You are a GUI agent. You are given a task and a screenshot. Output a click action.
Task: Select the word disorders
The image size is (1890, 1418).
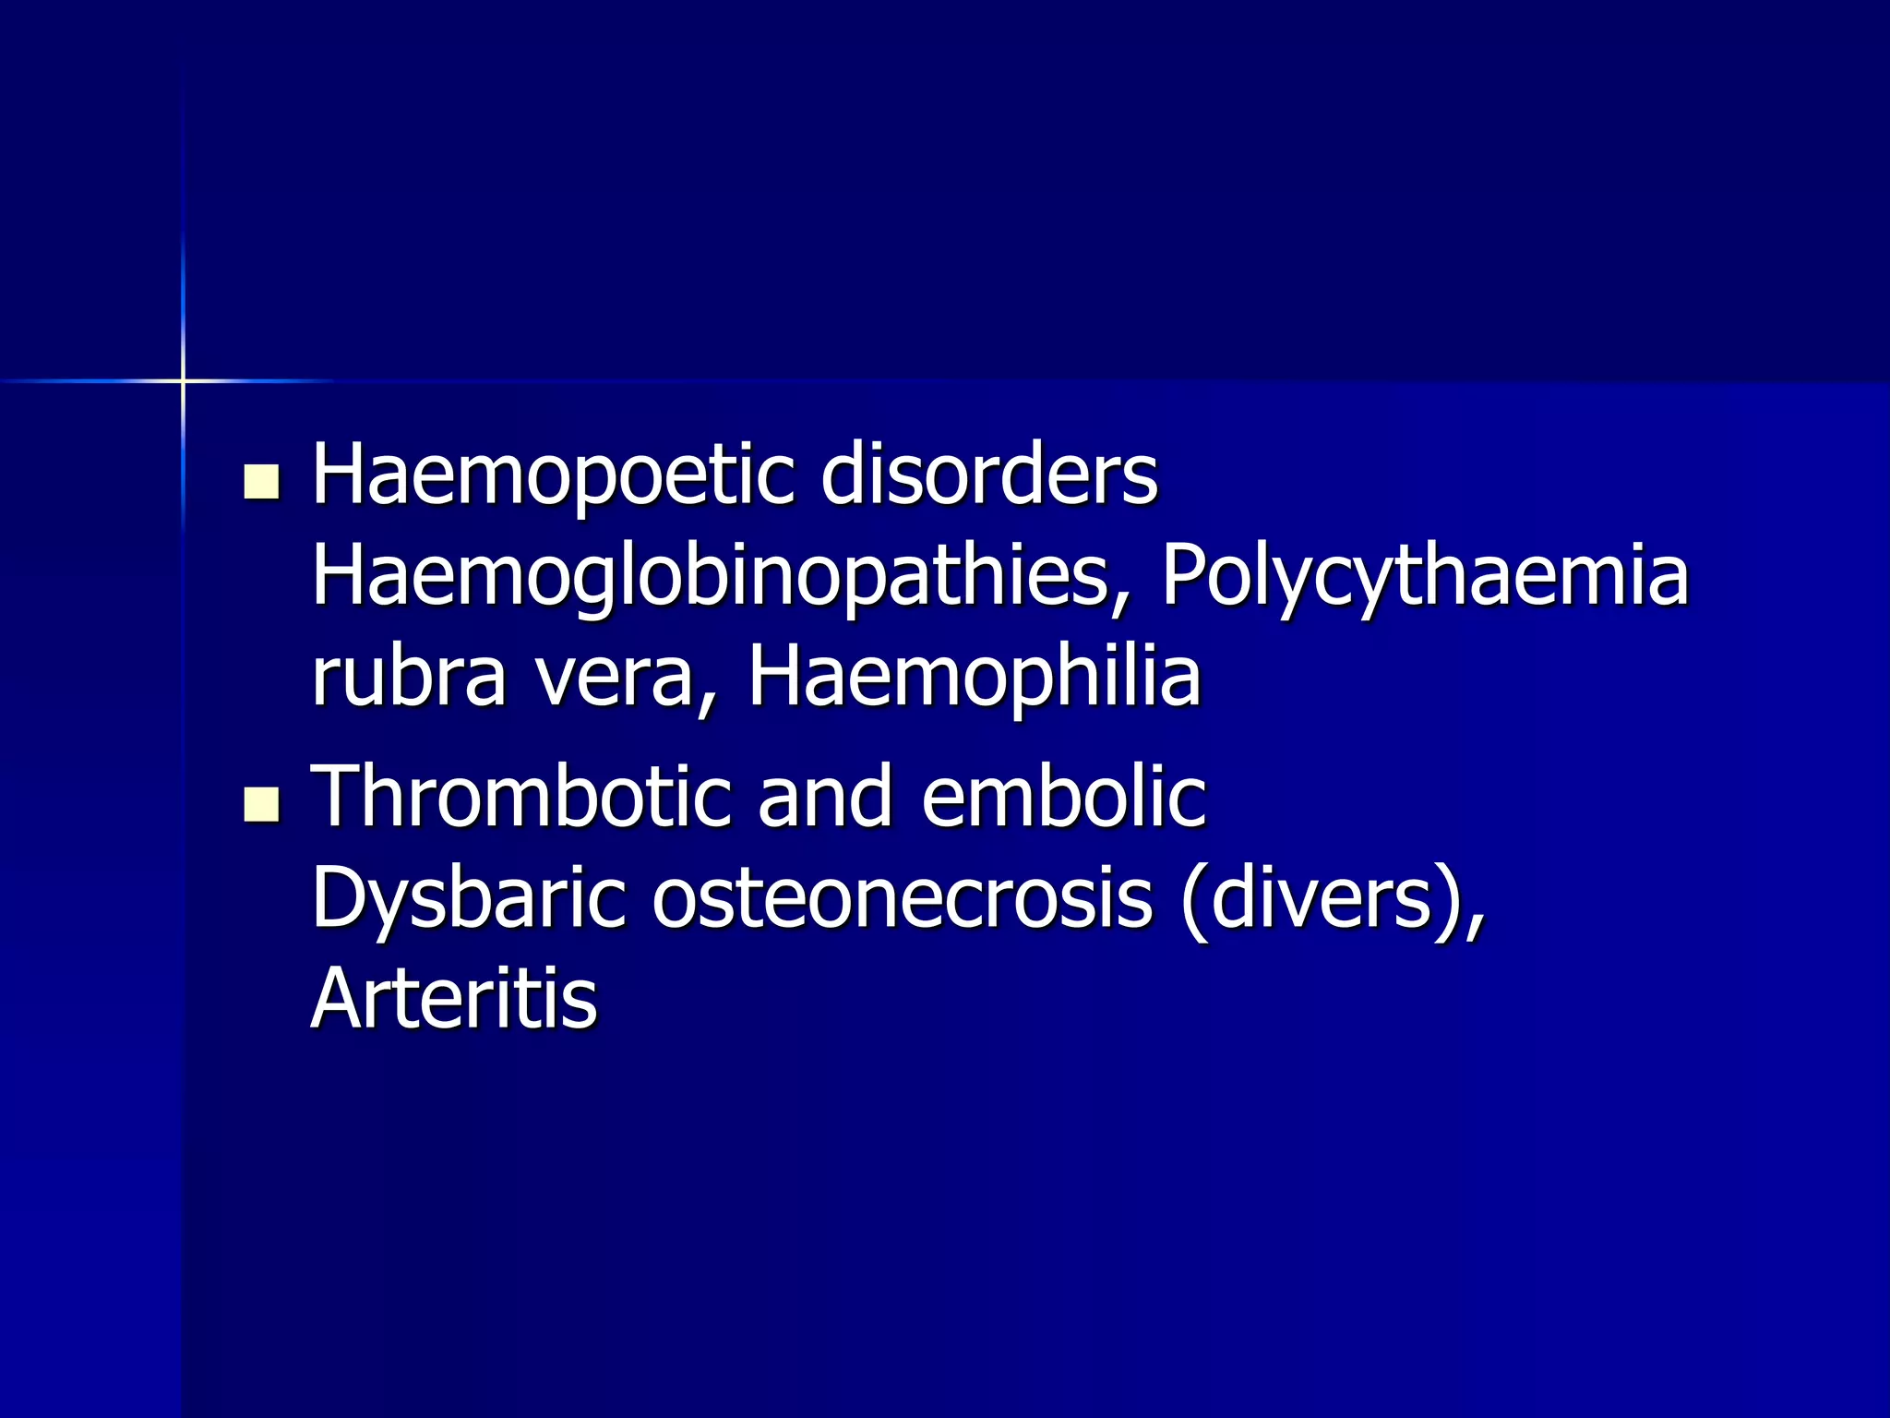tap(988, 475)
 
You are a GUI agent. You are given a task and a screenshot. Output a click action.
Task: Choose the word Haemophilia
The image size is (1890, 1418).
tap(974, 677)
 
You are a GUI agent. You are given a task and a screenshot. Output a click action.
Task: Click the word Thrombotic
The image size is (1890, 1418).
tap(521, 796)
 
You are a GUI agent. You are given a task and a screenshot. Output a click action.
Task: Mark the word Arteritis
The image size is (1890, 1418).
tap(454, 999)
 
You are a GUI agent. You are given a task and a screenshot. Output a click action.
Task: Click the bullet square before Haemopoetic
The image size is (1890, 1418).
tap(262, 483)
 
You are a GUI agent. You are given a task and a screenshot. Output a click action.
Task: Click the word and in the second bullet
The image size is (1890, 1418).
tap(825, 798)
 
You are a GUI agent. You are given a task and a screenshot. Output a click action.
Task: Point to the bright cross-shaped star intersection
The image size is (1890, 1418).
tap(183, 380)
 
